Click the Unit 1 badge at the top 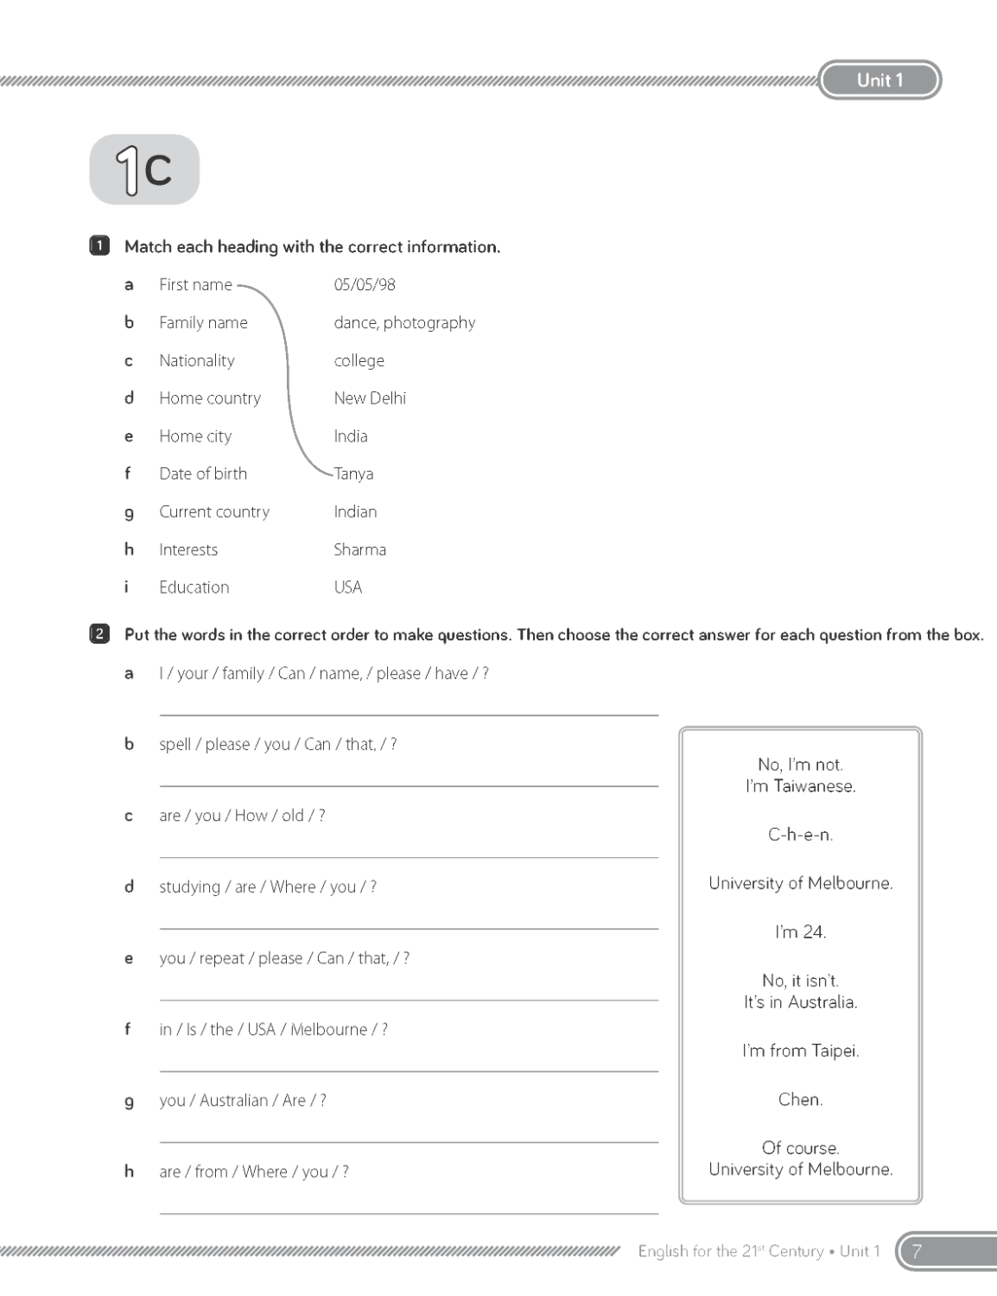880,80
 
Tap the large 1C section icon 144,169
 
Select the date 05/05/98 365,284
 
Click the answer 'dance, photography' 404,322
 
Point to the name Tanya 354,473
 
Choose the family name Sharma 360,550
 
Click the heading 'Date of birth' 203,473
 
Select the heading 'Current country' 214,511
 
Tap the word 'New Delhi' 370,398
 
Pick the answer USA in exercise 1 348,588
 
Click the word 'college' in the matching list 359,360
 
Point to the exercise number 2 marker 99,635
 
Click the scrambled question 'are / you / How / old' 242,816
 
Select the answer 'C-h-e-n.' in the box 800,835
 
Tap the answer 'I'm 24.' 800,931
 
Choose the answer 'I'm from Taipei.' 800,1051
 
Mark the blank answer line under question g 409,1141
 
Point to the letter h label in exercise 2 129,1172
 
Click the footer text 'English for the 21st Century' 730,1251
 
